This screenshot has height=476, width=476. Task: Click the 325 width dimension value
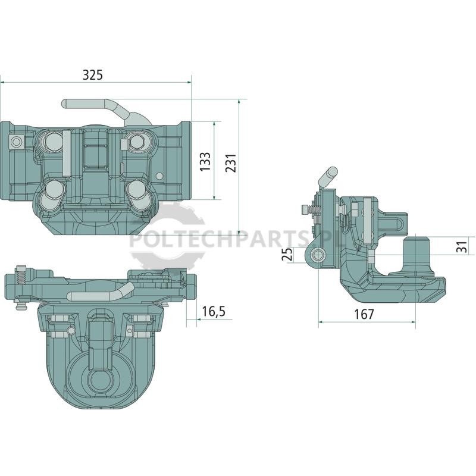pos(93,75)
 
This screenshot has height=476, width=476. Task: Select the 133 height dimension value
pos(205,161)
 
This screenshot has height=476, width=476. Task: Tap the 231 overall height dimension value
pos(231,163)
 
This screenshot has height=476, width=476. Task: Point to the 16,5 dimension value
pos(214,311)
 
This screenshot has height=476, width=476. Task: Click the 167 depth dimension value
pos(364,314)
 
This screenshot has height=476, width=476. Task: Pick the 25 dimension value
pos(287,254)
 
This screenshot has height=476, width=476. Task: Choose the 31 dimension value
pos(461,246)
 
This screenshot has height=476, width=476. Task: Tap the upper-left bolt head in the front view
pos(54,140)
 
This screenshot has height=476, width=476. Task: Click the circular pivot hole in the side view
pos(318,254)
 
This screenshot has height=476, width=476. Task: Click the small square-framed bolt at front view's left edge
pos(16,142)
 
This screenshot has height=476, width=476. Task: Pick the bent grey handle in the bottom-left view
pos(100,292)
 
